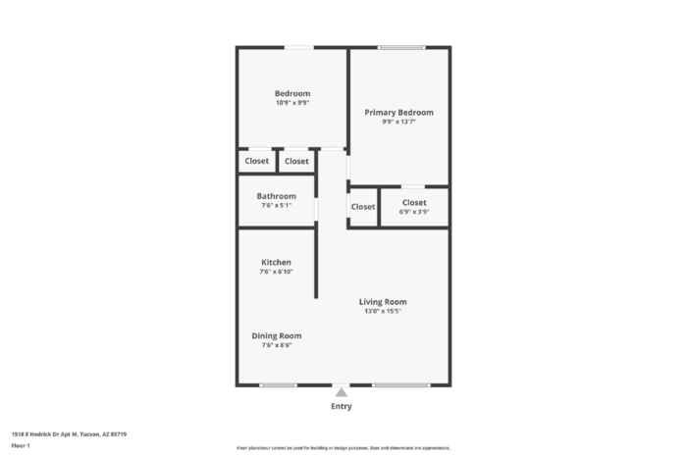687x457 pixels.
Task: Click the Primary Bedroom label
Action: pos(398,113)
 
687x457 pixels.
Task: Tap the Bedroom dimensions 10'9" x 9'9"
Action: pos(292,103)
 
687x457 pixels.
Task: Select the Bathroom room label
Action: pos(276,196)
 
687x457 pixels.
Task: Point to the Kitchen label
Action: pos(276,262)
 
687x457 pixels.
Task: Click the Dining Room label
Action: pos(276,335)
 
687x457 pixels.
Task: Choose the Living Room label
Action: pos(383,302)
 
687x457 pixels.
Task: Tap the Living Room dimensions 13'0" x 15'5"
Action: pos(383,312)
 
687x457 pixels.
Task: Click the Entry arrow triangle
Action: pos(342,392)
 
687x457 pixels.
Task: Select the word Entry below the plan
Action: pos(342,406)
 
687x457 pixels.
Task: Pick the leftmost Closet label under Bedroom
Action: pos(257,161)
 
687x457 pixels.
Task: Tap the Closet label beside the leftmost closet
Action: pos(296,161)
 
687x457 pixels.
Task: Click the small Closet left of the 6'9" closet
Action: pos(363,207)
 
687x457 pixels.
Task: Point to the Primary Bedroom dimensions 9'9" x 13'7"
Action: pos(398,123)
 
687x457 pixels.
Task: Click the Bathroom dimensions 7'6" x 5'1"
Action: pos(276,206)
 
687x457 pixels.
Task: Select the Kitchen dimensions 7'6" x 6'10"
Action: pos(276,272)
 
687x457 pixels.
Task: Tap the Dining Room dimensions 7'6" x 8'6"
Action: pos(276,345)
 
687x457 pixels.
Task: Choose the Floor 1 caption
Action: pos(21,445)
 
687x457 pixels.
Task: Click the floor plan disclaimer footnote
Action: pos(342,447)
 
